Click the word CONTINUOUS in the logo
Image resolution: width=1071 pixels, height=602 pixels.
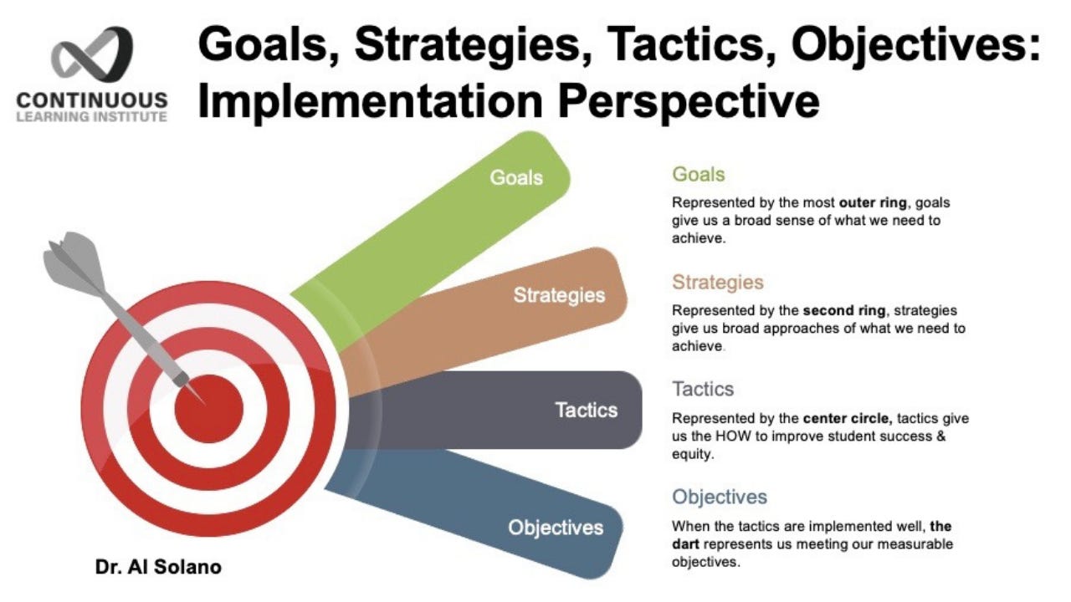click(91, 100)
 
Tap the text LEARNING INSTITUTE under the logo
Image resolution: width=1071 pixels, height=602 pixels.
click(91, 116)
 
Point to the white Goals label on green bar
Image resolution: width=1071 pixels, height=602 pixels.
click(516, 177)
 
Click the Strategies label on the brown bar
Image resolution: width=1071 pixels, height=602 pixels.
click(559, 295)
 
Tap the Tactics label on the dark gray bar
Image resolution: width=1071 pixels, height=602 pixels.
click(586, 410)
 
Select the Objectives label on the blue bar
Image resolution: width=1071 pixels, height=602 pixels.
click(556, 528)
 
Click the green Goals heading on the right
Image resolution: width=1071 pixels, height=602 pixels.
click(698, 175)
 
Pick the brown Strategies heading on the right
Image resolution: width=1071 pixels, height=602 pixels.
click(718, 282)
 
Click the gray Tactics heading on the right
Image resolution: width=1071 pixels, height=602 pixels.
click(703, 389)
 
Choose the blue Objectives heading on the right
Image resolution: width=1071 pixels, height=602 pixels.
click(720, 497)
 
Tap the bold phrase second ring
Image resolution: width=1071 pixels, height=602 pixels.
click(827, 310)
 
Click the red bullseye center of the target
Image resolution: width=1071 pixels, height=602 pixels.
click(209, 408)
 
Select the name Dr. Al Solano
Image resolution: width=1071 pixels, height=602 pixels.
click(157, 567)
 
